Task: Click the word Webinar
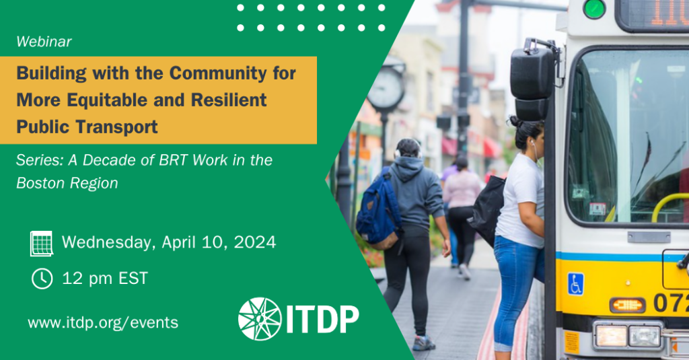(44, 42)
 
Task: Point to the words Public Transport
(87, 127)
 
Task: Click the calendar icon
(41, 243)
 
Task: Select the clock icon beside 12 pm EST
(42, 278)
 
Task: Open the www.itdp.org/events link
(103, 323)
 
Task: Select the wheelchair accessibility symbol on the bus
(575, 284)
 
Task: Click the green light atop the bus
(594, 9)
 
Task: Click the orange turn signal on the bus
(627, 305)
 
